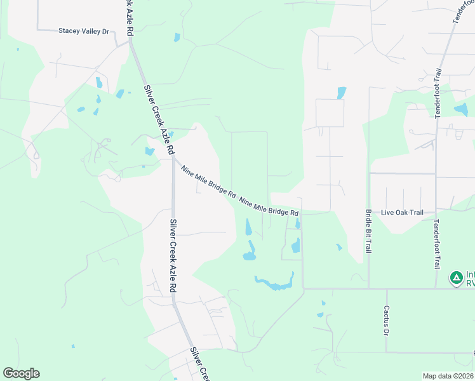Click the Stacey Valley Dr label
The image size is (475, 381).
(84, 30)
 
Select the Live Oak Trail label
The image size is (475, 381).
(401, 213)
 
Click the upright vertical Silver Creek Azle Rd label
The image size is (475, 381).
(173, 256)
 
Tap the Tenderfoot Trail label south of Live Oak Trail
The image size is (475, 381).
(436, 244)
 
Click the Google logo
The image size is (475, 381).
(21, 373)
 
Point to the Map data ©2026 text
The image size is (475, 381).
(448, 376)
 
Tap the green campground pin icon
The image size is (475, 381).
(456, 277)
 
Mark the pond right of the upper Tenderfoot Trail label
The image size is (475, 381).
(461, 109)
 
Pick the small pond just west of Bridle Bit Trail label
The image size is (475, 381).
(339, 247)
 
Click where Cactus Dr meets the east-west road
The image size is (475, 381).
(386, 289)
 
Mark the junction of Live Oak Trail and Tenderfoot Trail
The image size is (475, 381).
(436, 213)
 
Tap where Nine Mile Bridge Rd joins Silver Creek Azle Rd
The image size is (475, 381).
(173, 158)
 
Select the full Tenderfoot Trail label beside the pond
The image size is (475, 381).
(437, 93)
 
